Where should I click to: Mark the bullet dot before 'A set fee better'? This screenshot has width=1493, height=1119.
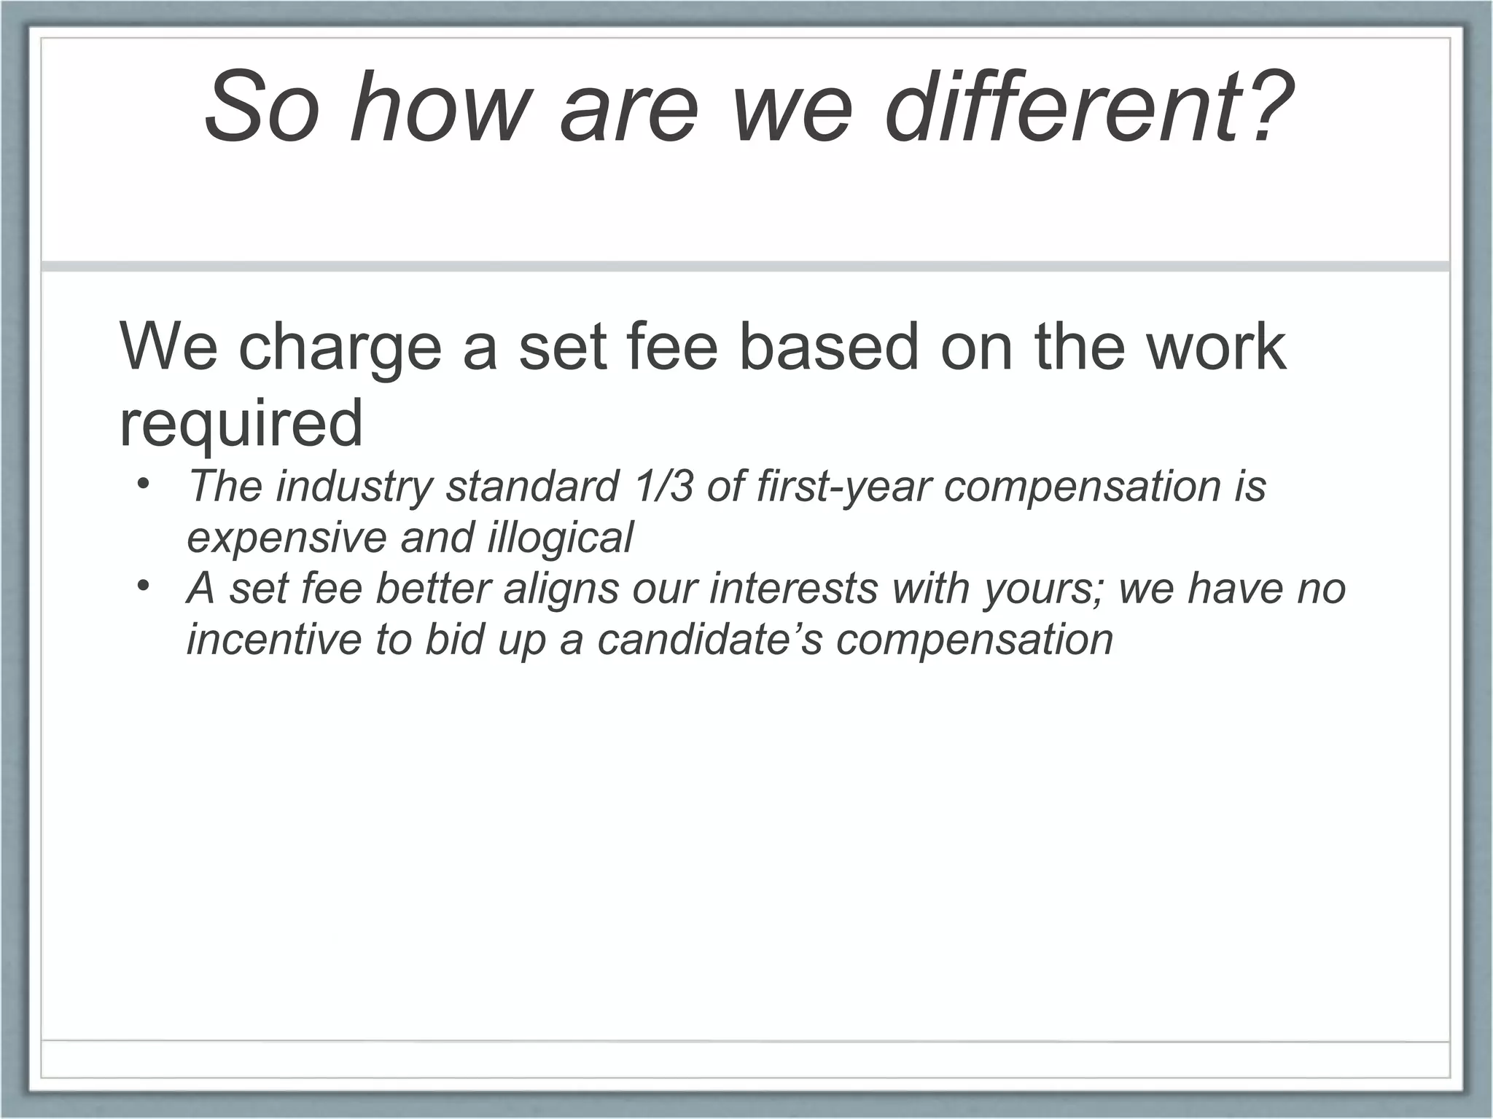click(x=143, y=586)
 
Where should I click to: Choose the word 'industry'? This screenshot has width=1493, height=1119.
click(x=353, y=487)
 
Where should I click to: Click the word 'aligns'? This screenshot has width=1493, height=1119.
click(x=561, y=589)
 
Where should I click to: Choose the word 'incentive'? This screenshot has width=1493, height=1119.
click(x=274, y=640)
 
